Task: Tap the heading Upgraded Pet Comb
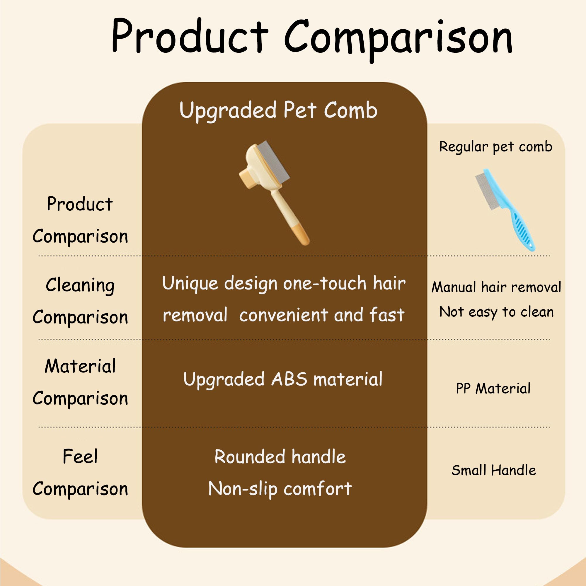pos(278,110)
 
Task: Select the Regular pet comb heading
pos(496,147)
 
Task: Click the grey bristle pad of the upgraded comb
pos(273,161)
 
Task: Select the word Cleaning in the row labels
pos(80,285)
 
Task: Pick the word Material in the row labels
pos(80,366)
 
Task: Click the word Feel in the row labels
pos(80,456)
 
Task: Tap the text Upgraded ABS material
pos(283,379)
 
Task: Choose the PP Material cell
pos(493,389)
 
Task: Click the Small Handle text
pos(493,470)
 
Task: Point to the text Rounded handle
pos(280,457)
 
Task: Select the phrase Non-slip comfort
pos(280,489)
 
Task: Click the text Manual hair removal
pos(496,287)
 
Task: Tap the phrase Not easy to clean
pos(496,312)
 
